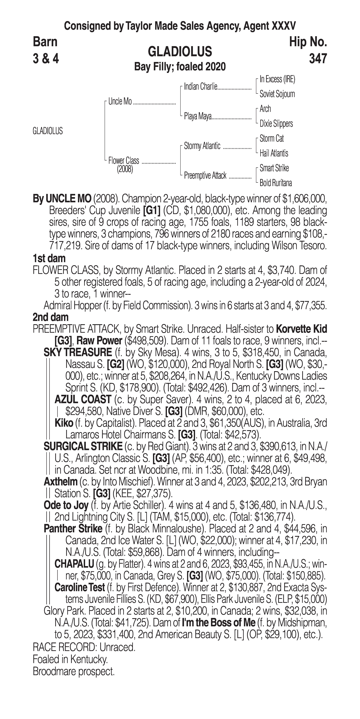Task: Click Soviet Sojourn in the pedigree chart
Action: (x=277, y=94)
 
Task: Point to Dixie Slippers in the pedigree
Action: (x=276, y=124)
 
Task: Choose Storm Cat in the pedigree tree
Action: (x=272, y=138)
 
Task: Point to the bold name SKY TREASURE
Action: (x=78, y=353)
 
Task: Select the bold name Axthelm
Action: (x=60, y=482)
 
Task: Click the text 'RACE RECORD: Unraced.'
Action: (x=84, y=647)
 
